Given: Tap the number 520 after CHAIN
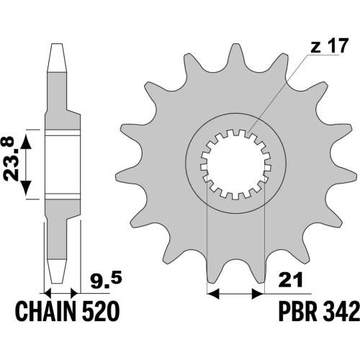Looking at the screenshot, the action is [101, 311].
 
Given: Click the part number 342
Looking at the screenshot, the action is [341, 311].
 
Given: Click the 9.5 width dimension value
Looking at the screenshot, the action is [106, 280].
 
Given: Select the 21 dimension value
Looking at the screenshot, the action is [290, 279].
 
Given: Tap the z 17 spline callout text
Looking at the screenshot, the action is [329, 46].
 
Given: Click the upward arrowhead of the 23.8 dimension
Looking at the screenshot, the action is [26, 143].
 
